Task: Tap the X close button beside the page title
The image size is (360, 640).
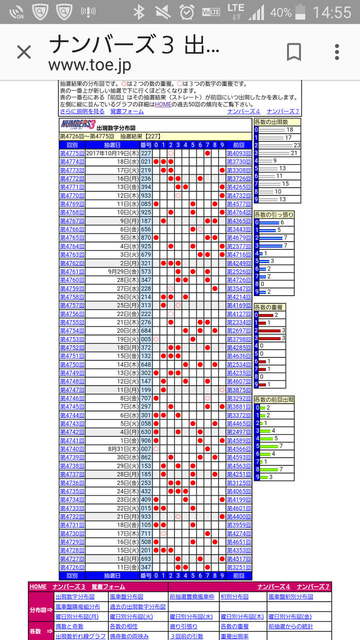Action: [24, 52]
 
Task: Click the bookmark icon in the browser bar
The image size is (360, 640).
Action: [293, 52]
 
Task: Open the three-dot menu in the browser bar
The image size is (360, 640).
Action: [337, 52]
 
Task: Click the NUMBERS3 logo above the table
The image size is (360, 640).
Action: [77, 124]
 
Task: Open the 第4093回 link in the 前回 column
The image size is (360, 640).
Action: [239, 153]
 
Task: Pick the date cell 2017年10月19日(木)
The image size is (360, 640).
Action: [112, 153]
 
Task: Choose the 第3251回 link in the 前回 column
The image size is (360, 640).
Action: [239, 567]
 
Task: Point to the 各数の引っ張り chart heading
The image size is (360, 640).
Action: [274, 214]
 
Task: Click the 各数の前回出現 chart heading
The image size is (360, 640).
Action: [274, 399]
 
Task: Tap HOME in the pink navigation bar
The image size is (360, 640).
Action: [38, 586]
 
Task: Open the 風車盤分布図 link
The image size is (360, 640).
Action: [126, 596]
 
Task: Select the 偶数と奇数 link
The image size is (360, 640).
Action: [69, 626]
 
